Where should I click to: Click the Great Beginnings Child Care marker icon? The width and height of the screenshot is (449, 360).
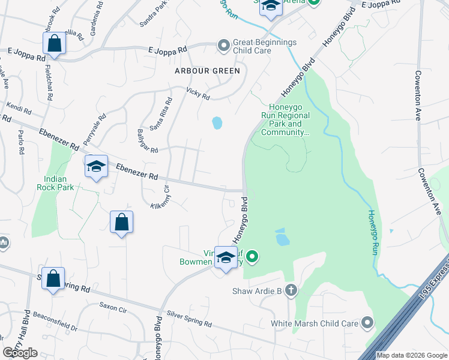223,46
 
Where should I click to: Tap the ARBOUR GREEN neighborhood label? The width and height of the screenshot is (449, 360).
207,71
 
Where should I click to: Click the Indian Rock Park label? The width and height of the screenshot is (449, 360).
59,183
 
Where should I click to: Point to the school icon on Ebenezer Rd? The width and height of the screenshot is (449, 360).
96,166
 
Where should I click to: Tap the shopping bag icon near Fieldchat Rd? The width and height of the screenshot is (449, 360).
54,44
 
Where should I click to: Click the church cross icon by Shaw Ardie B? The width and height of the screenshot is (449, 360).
291,291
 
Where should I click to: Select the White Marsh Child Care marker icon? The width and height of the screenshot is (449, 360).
366,323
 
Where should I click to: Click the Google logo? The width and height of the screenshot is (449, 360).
20,353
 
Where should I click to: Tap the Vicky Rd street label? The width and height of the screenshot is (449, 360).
198,93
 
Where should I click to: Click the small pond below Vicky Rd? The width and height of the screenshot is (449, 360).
217,124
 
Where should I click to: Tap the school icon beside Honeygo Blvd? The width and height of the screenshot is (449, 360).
226,257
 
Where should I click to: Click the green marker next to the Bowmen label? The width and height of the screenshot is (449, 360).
253,257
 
